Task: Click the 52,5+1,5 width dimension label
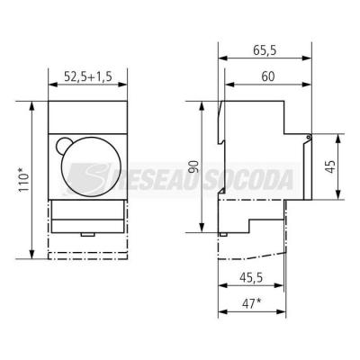[x=88, y=76]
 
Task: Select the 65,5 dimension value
[x=265, y=50]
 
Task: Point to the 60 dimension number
[x=268, y=76]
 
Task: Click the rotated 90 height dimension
[x=194, y=166]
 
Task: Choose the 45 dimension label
[x=330, y=166]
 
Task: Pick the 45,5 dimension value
[x=251, y=278]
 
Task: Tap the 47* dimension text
[x=251, y=304]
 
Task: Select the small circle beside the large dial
[x=62, y=145]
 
